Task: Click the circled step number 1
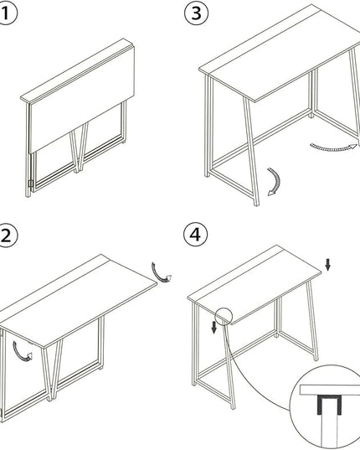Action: pos(7,13)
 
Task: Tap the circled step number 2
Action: pos(7,236)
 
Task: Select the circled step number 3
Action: pos(197,13)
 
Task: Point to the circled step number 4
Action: pos(195,235)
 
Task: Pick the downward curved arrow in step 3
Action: pos(276,181)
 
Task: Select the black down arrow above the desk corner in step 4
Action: pos(328,265)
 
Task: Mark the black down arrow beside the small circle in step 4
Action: pos(213,328)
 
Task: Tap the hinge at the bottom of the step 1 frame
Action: pos(30,183)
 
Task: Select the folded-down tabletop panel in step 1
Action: pos(82,99)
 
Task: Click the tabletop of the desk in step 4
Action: pos(254,285)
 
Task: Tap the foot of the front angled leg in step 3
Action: pos(256,203)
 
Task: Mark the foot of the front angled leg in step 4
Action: pos(233,406)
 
